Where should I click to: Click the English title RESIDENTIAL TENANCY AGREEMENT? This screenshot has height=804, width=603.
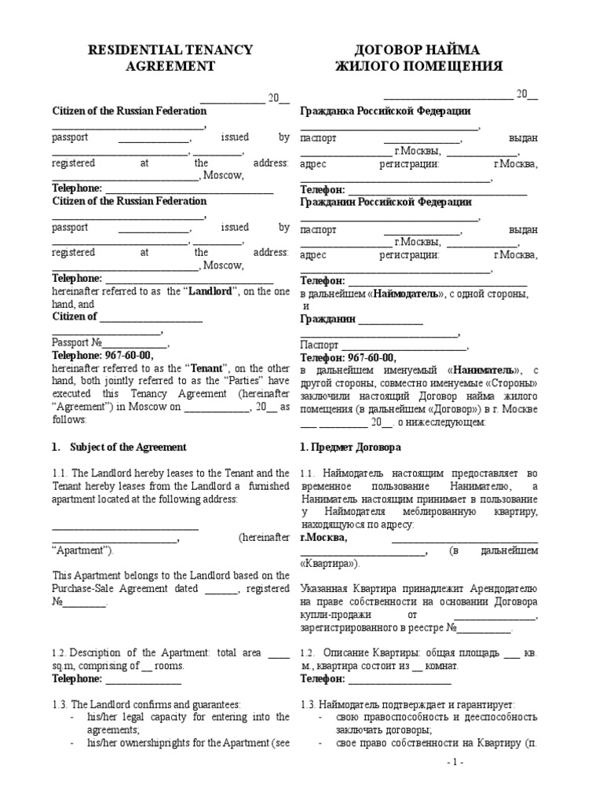pos(170,58)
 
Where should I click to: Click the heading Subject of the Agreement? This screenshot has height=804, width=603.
pos(128,447)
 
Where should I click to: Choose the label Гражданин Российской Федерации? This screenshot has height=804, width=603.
pos(386,202)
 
